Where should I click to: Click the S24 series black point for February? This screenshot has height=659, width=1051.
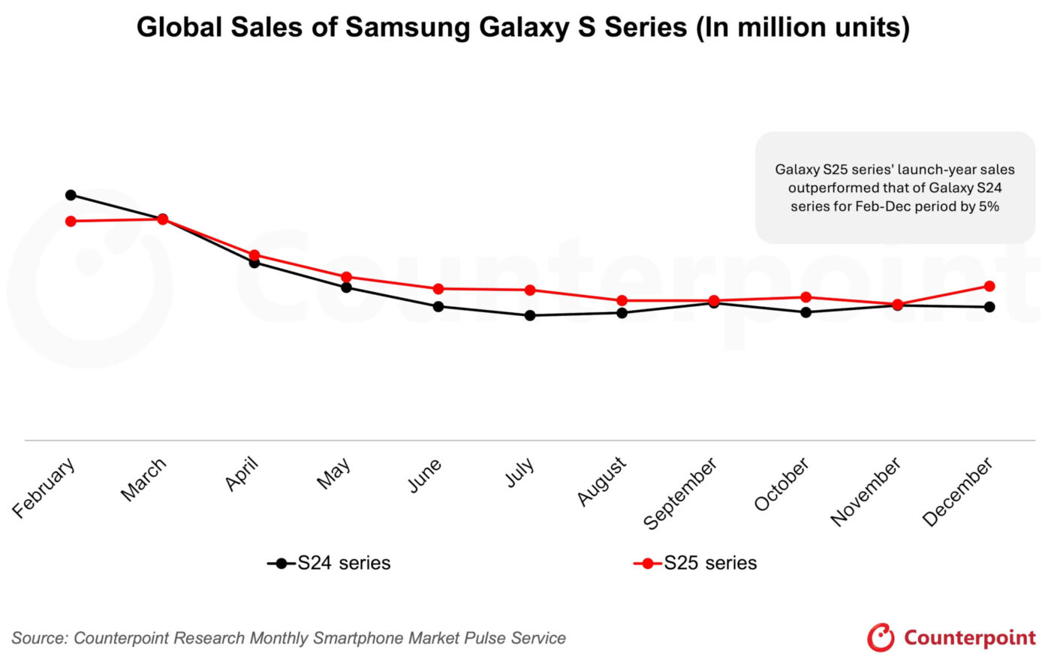point(71,195)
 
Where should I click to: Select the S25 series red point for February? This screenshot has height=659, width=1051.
point(71,221)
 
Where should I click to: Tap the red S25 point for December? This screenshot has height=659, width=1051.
point(989,286)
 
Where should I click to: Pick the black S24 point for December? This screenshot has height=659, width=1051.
point(989,307)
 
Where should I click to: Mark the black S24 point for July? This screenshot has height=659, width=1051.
point(530,315)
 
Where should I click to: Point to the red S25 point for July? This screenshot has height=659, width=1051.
point(530,290)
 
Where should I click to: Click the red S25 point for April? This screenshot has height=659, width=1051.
point(254,255)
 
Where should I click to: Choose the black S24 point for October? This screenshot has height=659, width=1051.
point(806,312)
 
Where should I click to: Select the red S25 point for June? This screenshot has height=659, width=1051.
point(438,289)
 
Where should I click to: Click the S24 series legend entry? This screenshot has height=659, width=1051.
point(330,563)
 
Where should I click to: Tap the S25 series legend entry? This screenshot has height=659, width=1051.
point(696,563)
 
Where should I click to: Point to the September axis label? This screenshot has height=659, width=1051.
point(680,493)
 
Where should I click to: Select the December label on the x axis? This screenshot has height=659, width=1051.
point(957,492)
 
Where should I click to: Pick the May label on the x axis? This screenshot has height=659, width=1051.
point(334,474)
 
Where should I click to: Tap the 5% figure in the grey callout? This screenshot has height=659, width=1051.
point(988,206)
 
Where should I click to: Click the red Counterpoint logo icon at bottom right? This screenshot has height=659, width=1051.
point(880,638)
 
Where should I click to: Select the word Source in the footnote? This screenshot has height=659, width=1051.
point(39,638)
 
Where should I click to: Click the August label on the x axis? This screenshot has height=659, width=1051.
point(601,481)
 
